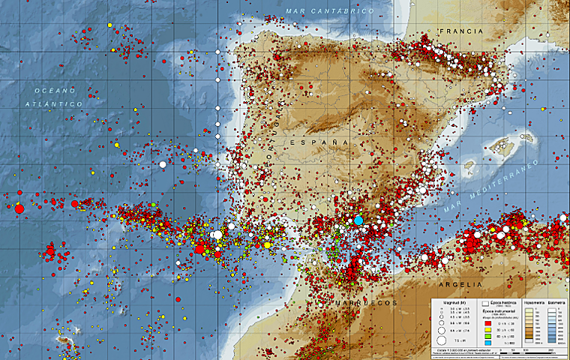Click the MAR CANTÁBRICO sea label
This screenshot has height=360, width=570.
[330, 11]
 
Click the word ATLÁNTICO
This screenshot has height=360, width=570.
[56, 103]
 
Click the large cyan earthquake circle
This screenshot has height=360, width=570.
[358, 220]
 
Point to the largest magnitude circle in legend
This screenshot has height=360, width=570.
[442, 341]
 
